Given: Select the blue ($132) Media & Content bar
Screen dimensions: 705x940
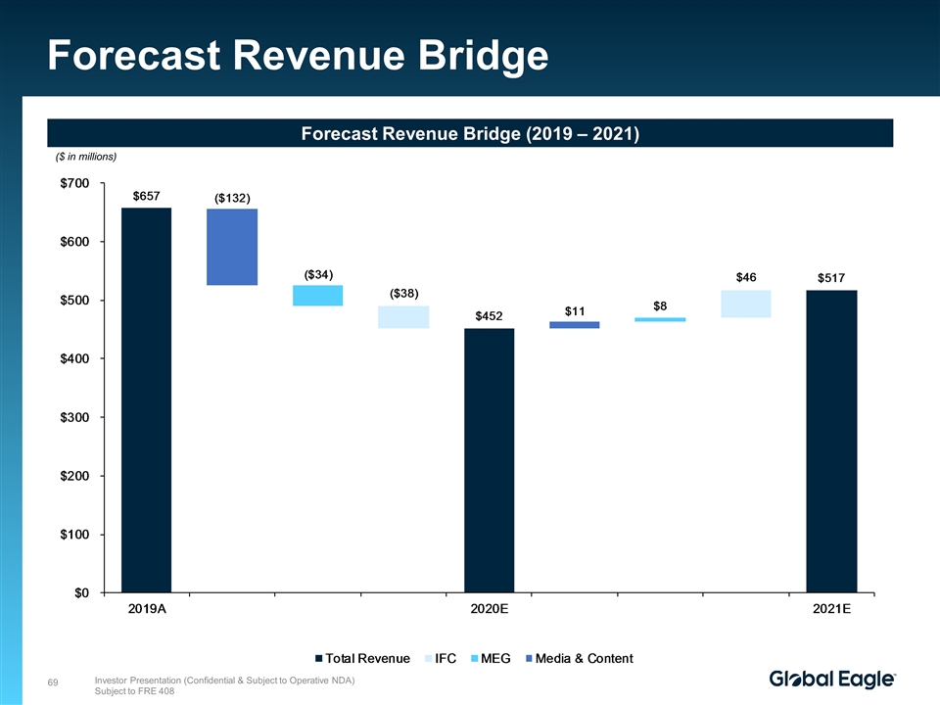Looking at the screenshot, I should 232,247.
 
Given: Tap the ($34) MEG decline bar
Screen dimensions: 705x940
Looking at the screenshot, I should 317,295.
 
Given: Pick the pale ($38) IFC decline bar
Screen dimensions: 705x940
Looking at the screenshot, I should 403,316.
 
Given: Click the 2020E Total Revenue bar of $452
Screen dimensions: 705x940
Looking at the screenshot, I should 489,460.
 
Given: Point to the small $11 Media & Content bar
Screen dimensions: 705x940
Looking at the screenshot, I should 575,325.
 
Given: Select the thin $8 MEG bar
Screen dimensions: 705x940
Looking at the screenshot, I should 660,319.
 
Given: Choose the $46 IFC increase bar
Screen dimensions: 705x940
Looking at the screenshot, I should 746,304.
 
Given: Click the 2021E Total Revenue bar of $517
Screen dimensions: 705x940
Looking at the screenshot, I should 831,441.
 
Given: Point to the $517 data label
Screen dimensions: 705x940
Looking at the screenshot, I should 831,279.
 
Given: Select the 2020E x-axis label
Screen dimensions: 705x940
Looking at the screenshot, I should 489,609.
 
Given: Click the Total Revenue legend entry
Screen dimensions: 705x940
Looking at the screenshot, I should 362,658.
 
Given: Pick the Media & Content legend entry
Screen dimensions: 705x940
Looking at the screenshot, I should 579,658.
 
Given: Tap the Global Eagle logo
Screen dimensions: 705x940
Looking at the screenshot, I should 832,680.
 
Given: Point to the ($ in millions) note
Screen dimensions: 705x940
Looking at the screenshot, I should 85,157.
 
